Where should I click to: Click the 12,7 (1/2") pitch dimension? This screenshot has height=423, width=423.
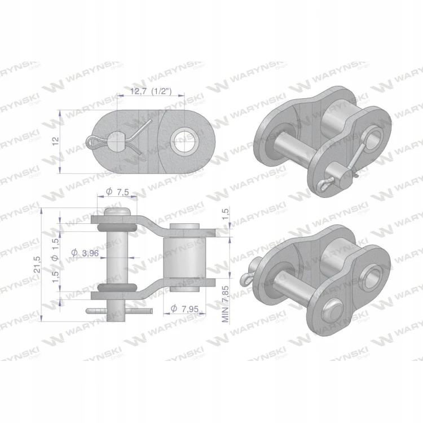[x=151, y=91]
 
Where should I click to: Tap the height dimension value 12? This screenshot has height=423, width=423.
[x=55, y=142]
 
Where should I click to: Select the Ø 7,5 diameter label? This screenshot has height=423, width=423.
[x=117, y=192]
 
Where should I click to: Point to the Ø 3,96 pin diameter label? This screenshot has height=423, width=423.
[x=85, y=253]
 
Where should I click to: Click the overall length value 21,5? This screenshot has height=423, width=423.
[x=37, y=265]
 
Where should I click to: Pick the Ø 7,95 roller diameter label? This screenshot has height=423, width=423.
[x=185, y=309]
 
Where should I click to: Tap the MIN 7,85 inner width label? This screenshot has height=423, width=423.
[x=225, y=304]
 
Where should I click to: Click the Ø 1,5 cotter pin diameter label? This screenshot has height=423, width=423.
[x=55, y=250]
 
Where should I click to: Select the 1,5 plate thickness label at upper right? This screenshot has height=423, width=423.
[x=226, y=214]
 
